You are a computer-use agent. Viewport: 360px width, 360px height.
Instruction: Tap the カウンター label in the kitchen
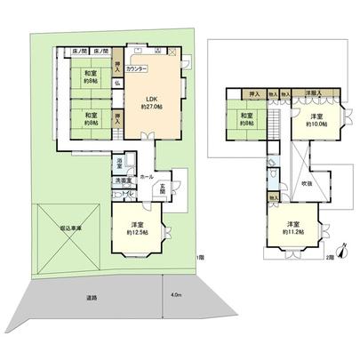coord(138,68)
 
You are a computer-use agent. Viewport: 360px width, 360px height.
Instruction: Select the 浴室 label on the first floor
coord(119,163)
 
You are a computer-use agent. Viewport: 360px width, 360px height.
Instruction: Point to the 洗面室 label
coord(123,181)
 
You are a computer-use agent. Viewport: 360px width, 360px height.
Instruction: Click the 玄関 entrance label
coord(164,188)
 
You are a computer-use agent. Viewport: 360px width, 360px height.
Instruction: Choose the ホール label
coord(147,176)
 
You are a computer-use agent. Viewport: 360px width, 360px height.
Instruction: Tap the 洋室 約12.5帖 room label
coord(136,228)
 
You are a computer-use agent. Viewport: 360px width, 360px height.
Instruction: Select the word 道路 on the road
coord(91,296)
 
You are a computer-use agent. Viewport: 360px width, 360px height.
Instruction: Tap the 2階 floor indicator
coord(331,258)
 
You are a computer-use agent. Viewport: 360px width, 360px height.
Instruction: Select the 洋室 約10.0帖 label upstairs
coord(315,122)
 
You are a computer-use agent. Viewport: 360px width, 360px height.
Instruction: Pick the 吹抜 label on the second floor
coord(307,182)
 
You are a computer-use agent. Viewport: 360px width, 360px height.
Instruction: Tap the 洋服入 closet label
coord(314,92)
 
